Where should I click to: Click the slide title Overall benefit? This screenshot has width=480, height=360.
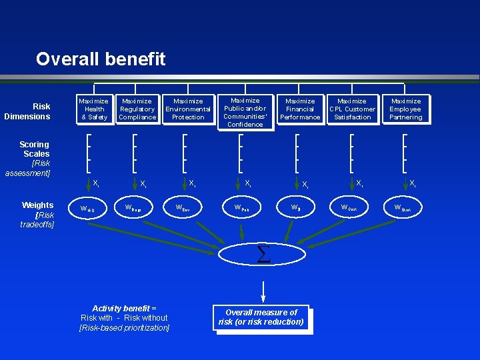pyautogui.click(x=101, y=59)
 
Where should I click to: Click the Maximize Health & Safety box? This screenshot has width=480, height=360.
pyautogui.click(x=94, y=109)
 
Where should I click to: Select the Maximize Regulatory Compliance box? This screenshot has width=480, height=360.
pyautogui.click(x=137, y=109)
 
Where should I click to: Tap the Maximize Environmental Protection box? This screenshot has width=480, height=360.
pyautogui.click(x=188, y=109)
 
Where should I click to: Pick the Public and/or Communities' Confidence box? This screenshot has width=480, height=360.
pyautogui.click(x=245, y=112)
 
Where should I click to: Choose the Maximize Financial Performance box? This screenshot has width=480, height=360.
pyautogui.click(x=300, y=109)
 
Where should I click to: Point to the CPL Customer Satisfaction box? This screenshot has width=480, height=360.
pyautogui.click(x=352, y=109)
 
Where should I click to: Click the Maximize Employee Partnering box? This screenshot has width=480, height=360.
pyautogui.click(x=405, y=109)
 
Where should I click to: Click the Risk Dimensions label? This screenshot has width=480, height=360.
pyautogui.click(x=28, y=111)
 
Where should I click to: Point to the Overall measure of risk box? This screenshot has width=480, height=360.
pyautogui.click(x=261, y=317)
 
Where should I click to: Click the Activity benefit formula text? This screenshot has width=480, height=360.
pyautogui.click(x=124, y=318)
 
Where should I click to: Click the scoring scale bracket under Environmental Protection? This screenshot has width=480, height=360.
pyautogui.click(x=185, y=153)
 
